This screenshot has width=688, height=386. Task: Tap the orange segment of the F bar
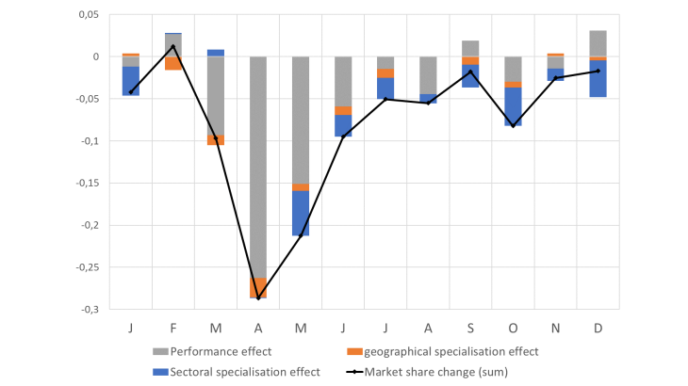(x=173, y=63)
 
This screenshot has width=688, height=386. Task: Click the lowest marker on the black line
(x=257, y=298)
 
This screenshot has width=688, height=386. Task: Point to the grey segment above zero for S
(x=470, y=48)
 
